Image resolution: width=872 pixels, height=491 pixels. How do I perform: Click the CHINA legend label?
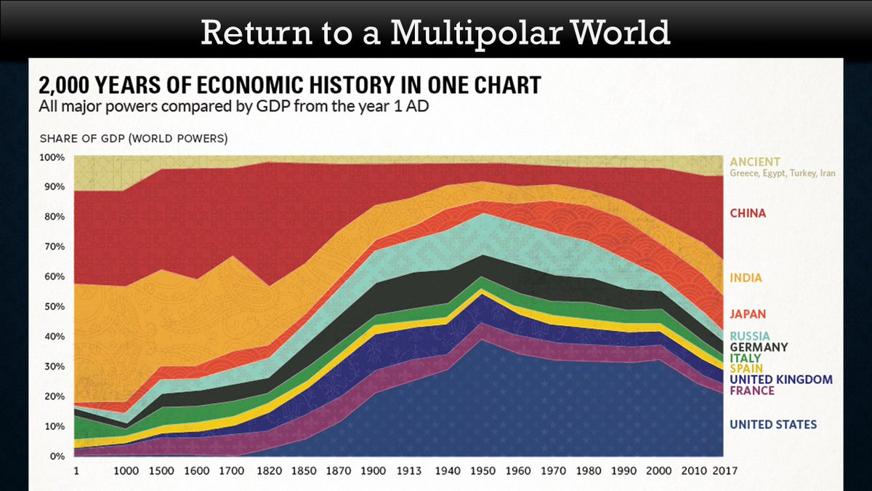pyautogui.click(x=748, y=213)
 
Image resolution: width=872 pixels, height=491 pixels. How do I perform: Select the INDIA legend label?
pyautogui.click(x=746, y=278)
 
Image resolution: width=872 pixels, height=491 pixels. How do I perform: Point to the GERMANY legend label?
pyautogui.click(x=759, y=347)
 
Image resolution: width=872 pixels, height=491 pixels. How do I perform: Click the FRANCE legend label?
pyautogui.click(x=752, y=391)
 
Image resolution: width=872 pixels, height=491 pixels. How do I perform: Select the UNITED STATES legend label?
pyautogui.click(x=773, y=425)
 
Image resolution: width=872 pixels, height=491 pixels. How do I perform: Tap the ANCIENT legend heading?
pyautogui.click(x=755, y=161)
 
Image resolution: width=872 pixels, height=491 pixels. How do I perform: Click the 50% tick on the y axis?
pyautogui.click(x=54, y=306)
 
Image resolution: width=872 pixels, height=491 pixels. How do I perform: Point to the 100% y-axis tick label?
pyautogui.click(x=52, y=157)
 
